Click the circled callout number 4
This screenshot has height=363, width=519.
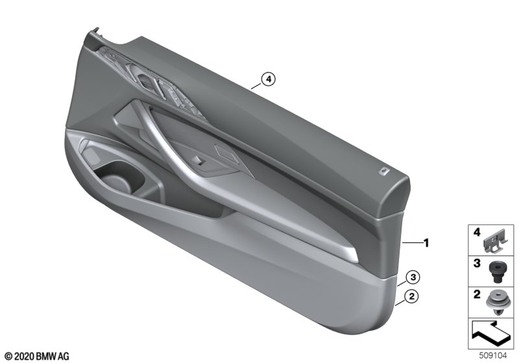tap(268, 79)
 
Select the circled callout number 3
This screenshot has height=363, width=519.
tap(413, 277)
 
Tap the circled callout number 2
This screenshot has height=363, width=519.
tap(411, 296)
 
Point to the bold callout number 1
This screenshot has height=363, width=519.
tap(426, 243)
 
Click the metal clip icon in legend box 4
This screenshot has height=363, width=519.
tap(494, 242)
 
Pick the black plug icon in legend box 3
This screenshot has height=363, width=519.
tap(496, 271)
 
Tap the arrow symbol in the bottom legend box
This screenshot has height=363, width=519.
tap(490, 333)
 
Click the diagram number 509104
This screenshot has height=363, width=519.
tap(493, 356)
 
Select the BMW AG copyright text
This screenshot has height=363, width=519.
tap(37, 357)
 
